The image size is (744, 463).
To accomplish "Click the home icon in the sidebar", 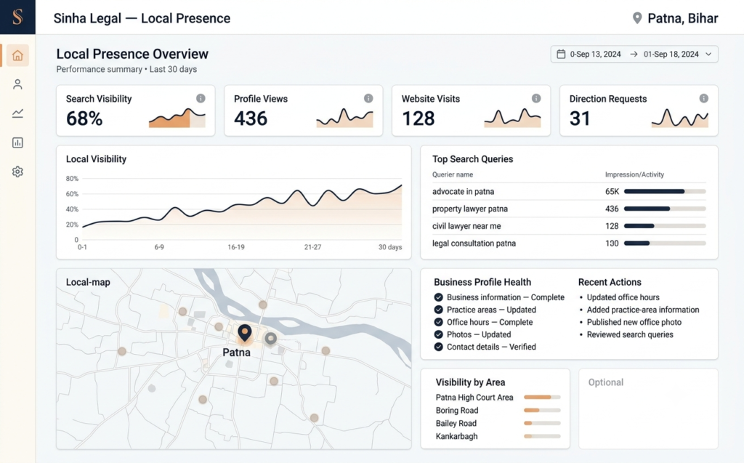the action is (17, 55).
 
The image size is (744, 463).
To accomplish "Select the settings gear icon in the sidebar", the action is (17, 172).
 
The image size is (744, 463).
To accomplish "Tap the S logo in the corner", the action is (17, 17).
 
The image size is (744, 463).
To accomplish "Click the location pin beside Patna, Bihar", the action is (637, 18).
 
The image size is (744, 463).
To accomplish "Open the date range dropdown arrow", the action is (708, 54).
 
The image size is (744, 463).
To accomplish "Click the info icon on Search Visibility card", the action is (201, 98).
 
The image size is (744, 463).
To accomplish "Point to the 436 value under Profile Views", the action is (251, 118).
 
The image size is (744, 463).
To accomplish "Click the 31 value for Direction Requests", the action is (580, 118).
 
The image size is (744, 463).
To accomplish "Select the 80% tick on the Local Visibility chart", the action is (72, 179).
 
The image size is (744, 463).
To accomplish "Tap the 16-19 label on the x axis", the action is (236, 247).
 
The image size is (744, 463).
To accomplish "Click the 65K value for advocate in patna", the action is (612, 191).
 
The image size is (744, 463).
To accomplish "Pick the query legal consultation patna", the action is (474, 243).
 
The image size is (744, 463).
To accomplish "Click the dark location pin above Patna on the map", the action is (245, 332).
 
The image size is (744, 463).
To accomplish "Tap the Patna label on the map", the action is (236, 353).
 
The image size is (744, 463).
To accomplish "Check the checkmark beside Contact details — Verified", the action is (438, 347).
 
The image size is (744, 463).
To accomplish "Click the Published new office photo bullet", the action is (634, 322).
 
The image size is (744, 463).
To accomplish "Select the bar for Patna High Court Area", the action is (542, 397).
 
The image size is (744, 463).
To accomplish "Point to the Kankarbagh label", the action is (457, 436).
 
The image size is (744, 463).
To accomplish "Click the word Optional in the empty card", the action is (606, 382).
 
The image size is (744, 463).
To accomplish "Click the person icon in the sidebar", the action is (17, 84).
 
